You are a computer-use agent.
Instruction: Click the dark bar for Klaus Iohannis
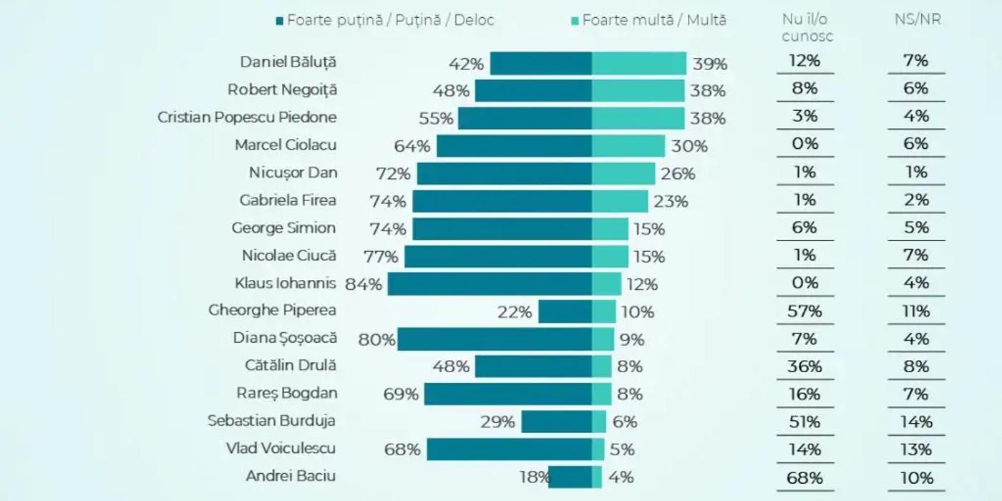490,283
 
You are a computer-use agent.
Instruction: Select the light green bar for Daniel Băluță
638,64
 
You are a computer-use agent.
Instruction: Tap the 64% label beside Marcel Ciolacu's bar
412,146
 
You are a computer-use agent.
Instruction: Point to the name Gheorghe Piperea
272,311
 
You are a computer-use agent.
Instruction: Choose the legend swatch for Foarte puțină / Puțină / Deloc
280,20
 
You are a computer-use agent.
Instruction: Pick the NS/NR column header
917,20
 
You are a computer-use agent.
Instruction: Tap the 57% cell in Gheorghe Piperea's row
804,311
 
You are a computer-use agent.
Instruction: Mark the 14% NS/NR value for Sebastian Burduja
917,422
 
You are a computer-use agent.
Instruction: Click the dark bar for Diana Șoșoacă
495,339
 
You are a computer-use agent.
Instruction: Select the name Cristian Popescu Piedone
247,117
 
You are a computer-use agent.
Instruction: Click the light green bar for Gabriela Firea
620,201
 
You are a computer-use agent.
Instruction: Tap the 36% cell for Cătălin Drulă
804,366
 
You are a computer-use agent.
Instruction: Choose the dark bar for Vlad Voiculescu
509,449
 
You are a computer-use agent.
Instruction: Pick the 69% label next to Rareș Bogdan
401,394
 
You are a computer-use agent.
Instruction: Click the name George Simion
283,228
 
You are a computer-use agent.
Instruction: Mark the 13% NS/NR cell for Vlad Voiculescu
917,449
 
